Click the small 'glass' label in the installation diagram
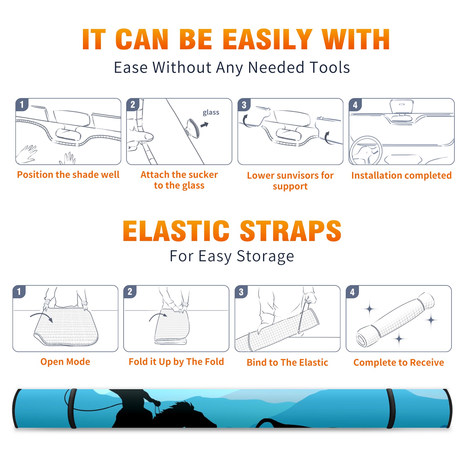coord(211,113)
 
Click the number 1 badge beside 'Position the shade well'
coord(22,104)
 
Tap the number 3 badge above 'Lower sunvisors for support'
coord(244,104)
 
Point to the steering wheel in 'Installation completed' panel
coord(366,151)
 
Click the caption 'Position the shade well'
coord(68,175)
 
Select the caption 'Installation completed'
coord(401,175)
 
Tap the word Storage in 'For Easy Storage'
coord(265,256)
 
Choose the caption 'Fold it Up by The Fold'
coord(176,362)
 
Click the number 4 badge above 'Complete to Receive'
coord(352,292)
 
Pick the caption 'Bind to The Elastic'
coord(287,362)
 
